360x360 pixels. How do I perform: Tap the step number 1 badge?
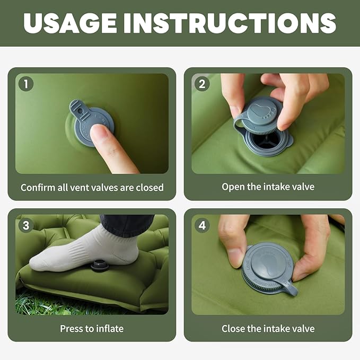25,84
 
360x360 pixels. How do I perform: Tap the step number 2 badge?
201,84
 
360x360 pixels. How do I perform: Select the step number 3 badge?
25,225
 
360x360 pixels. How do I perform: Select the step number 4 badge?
201,225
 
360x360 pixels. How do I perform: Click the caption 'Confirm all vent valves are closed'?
92,187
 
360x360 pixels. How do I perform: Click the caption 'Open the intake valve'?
268,187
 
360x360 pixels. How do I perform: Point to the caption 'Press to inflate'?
92,328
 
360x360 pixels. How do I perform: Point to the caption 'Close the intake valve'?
268,328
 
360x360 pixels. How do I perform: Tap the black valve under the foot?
100,265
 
